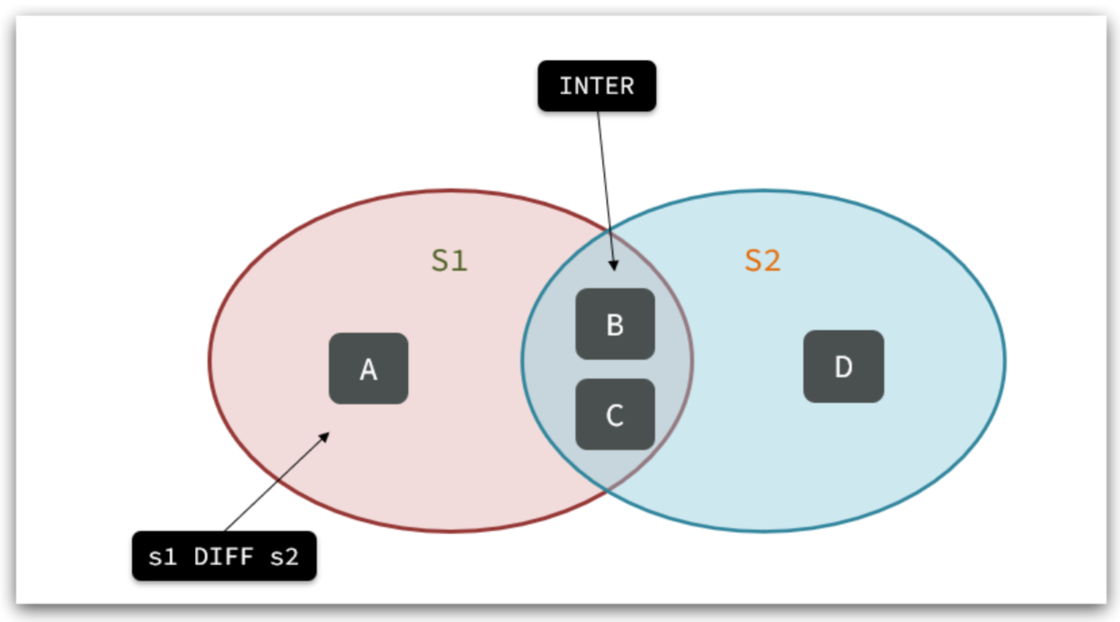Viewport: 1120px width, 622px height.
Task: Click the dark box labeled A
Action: (369, 369)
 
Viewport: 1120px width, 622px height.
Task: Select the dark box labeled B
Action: (615, 324)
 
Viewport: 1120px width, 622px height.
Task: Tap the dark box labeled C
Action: (615, 414)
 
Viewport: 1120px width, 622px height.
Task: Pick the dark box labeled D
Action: (843, 367)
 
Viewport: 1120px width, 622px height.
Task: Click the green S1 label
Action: (449, 261)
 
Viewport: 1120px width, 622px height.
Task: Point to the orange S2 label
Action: (762, 261)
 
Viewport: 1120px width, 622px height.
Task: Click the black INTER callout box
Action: (597, 86)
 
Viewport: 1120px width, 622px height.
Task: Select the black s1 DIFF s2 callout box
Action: (224, 556)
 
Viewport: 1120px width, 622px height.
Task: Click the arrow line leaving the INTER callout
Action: (604, 180)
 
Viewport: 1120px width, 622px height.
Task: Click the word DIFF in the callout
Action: (224, 557)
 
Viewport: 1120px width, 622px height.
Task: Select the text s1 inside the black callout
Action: (163, 557)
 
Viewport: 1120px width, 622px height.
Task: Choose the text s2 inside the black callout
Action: (285, 557)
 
